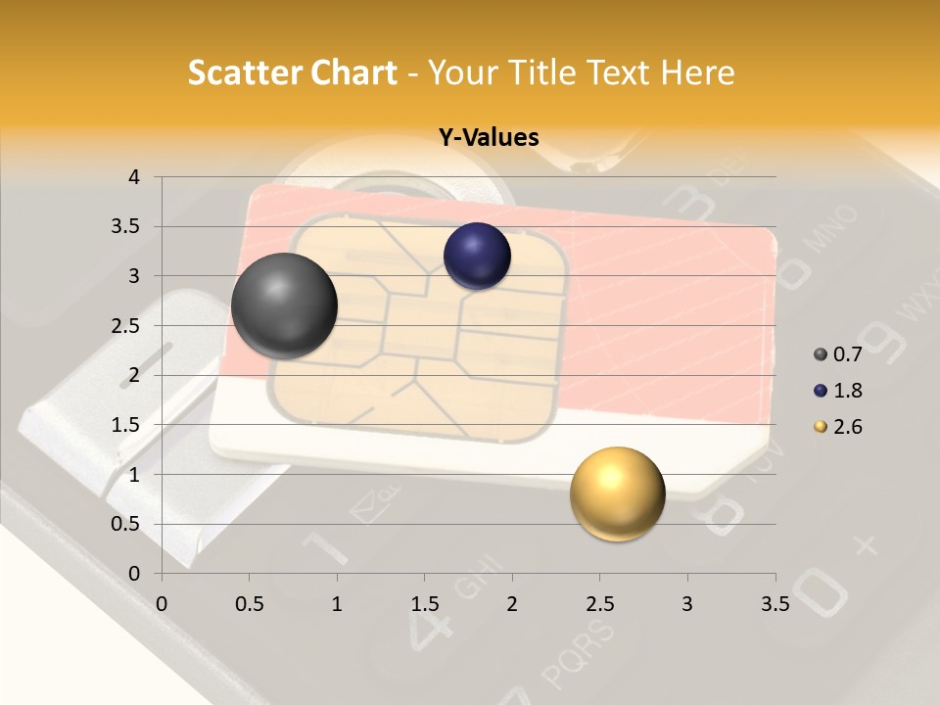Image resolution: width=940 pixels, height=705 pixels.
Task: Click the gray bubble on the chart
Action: [285, 305]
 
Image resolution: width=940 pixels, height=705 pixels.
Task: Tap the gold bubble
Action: [617, 494]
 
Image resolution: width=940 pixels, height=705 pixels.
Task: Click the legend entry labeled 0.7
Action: [839, 354]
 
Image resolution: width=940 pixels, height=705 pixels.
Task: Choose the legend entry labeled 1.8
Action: [839, 391]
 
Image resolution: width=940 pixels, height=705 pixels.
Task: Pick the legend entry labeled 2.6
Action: [839, 427]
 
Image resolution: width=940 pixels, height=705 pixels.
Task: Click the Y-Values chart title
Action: [489, 138]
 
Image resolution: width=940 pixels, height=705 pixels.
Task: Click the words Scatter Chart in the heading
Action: [293, 72]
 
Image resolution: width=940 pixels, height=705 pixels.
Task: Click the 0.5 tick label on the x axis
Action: [250, 604]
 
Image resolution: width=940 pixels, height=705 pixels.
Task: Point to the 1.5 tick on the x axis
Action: [424, 604]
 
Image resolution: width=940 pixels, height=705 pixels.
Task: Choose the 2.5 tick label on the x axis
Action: [599, 604]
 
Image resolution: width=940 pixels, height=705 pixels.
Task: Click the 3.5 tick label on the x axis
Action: [775, 604]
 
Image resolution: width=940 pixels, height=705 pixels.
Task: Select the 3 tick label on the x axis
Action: [687, 604]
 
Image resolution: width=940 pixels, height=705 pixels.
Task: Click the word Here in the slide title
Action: [697, 72]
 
